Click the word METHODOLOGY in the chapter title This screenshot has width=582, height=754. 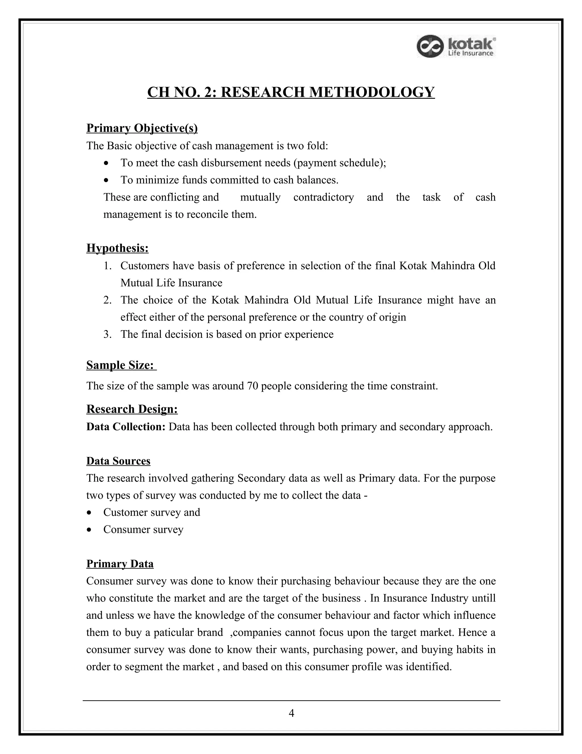(371, 92)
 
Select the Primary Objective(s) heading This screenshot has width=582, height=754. (142, 128)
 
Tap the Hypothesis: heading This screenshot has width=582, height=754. (117, 248)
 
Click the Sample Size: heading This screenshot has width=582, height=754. (120, 365)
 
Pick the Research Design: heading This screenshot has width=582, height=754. (132, 409)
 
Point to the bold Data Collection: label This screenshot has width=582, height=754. (126, 427)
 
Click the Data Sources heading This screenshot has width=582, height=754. (118, 461)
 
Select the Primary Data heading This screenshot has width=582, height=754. (120, 564)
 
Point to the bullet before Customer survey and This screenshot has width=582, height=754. (90, 513)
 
